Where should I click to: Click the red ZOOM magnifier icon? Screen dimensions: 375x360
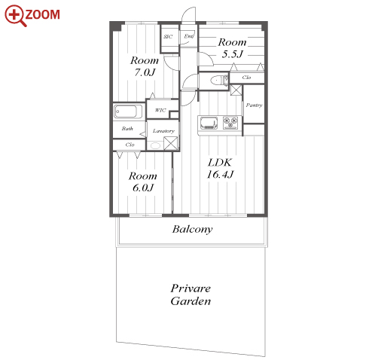(16, 16)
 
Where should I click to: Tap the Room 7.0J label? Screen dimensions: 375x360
(145, 66)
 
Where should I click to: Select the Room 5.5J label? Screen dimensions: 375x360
(232, 48)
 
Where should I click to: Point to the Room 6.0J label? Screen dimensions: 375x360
(143, 182)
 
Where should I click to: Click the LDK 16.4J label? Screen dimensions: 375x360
(220, 169)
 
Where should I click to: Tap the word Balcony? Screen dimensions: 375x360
(193, 229)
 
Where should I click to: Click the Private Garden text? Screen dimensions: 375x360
(191, 294)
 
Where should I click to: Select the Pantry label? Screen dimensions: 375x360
(254, 105)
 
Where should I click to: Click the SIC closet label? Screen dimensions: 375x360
(168, 37)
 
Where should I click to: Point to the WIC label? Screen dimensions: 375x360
(160, 110)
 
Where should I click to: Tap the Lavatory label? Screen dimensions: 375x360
(163, 131)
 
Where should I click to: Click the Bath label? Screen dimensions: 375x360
(127, 129)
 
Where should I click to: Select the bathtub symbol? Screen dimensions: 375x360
(128, 111)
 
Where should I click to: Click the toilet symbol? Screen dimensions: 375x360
(219, 81)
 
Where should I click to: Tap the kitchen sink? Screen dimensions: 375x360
(209, 124)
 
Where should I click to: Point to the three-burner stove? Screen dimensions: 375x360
(230, 123)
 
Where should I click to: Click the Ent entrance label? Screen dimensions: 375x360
(189, 36)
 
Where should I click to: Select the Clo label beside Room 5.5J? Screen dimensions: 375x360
(246, 78)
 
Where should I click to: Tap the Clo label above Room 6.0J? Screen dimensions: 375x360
(130, 145)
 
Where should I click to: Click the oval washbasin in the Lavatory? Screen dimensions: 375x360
(155, 145)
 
